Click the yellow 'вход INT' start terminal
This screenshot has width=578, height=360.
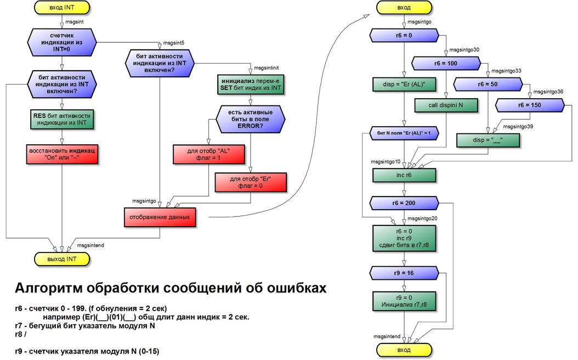click(x=61, y=7)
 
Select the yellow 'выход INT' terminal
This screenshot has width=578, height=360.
click(x=61, y=259)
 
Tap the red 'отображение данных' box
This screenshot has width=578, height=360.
click(x=160, y=217)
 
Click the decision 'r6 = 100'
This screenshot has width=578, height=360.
click(x=446, y=64)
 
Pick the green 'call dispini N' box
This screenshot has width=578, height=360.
click(x=446, y=105)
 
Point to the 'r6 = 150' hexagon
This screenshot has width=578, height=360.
click(x=529, y=105)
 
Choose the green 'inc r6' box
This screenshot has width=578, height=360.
click(x=404, y=175)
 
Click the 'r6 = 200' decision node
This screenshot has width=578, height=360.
click(x=404, y=203)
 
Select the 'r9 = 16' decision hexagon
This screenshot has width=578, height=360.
click(x=404, y=273)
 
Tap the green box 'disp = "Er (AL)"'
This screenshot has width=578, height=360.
click(x=404, y=84)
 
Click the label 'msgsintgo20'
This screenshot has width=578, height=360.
click(x=422, y=218)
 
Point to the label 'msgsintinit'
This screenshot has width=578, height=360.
click(x=267, y=68)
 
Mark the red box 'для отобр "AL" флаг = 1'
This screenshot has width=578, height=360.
click(x=208, y=154)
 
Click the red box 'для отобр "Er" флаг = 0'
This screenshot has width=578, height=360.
click(x=250, y=182)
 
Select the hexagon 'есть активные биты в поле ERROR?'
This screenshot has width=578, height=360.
click(x=250, y=119)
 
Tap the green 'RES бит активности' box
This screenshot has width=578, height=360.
click(x=61, y=119)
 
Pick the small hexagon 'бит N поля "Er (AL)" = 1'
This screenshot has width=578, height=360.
click(x=404, y=133)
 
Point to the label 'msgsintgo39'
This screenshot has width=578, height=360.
click(x=518, y=127)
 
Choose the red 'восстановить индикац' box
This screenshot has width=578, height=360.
click(x=62, y=154)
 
